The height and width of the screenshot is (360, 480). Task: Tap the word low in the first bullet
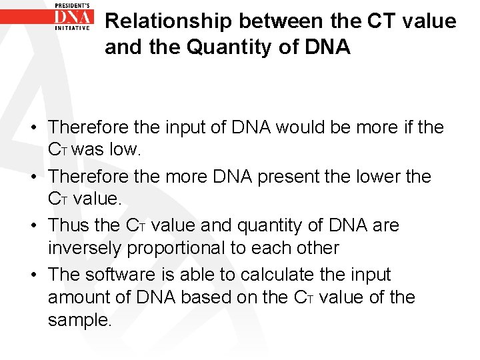(126, 149)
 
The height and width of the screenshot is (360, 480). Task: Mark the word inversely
(84, 248)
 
